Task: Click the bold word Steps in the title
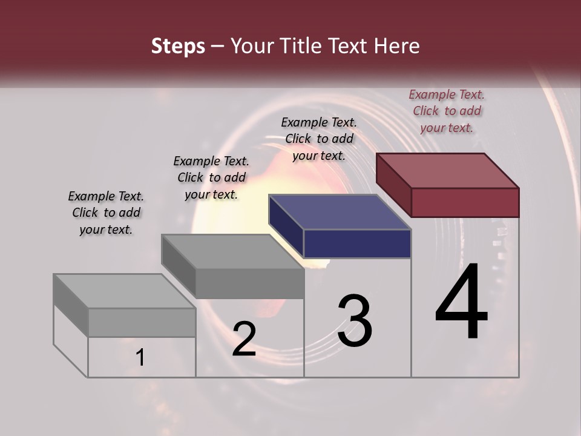(x=178, y=46)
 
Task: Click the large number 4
(x=462, y=303)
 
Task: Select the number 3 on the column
(x=355, y=321)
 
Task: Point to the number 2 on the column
(x=245, y=339)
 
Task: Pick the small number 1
(x=140, y=358)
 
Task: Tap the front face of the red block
(x=465, y=202)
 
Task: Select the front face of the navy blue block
(x=357, y=243)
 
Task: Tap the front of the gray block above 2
(x=249, y=283)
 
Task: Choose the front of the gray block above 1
(x=142, y=322)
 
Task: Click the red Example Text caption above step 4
(x=447, y=111)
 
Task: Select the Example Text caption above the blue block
(x=319, y=139)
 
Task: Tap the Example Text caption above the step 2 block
(x=211, y=177)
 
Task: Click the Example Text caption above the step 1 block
(x=106, y=213)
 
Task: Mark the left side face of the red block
(x=394, y=184)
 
